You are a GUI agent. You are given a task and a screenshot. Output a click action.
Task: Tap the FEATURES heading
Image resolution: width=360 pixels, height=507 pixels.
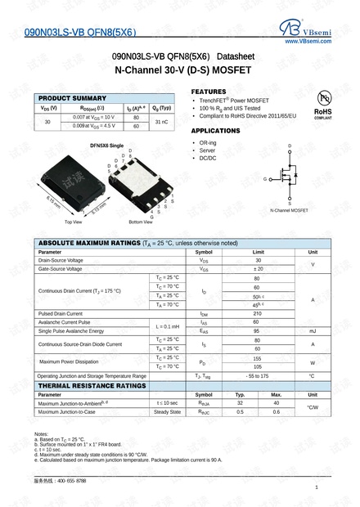coord(209,91)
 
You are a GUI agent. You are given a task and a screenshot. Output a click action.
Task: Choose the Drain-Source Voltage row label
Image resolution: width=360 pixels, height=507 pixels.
coord(61,260)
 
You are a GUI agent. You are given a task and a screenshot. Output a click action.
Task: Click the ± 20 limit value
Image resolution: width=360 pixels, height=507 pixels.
coord(258,268)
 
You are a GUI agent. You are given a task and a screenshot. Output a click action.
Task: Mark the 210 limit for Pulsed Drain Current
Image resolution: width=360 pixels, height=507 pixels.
coord(258,313)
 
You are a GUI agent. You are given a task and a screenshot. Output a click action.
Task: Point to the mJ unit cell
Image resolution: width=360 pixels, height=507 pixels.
coord(312,330)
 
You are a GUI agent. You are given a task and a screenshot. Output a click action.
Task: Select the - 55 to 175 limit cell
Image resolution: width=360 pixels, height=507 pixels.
coord(258,375)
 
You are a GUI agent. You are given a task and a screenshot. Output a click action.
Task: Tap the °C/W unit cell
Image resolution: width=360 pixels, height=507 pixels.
coord(312,407)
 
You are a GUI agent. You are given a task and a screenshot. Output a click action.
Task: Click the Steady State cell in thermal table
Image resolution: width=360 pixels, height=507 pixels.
coord(167,411)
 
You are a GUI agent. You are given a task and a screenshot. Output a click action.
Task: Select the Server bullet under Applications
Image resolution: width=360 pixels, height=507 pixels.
coord(208,150)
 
